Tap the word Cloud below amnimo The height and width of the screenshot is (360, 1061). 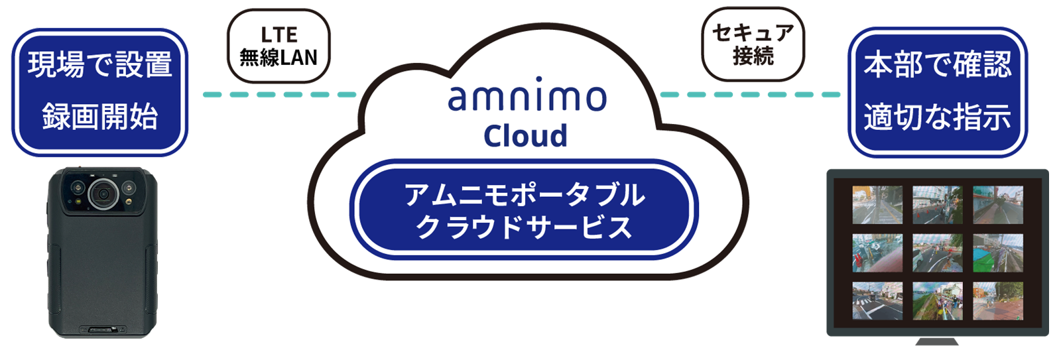pos(525,136)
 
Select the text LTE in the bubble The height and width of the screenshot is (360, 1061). pos(279,34)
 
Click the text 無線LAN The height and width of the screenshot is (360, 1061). pos(279,58)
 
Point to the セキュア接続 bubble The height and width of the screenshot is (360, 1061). pos(753,44)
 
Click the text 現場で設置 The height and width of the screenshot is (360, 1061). pos(99,65)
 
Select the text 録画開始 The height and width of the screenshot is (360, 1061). pos(99,117)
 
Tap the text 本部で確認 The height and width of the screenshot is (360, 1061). pos(937,65)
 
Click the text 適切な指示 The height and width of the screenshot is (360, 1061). pos(937,117)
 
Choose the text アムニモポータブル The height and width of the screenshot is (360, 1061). pos(524,195)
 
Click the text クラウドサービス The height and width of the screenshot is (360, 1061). pos(524,227)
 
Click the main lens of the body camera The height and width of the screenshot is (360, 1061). pos(103,193)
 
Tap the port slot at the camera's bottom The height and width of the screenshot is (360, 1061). pos(103,328)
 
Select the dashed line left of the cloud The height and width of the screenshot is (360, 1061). pos(279,95)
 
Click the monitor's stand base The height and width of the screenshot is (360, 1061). pos(936,341)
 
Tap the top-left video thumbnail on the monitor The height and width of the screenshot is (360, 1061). pos(877,204)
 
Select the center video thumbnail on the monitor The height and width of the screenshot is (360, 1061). pos(937,253)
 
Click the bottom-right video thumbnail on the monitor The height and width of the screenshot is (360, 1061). pos(997,301)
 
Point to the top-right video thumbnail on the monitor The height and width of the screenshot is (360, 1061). pos(997,204)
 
